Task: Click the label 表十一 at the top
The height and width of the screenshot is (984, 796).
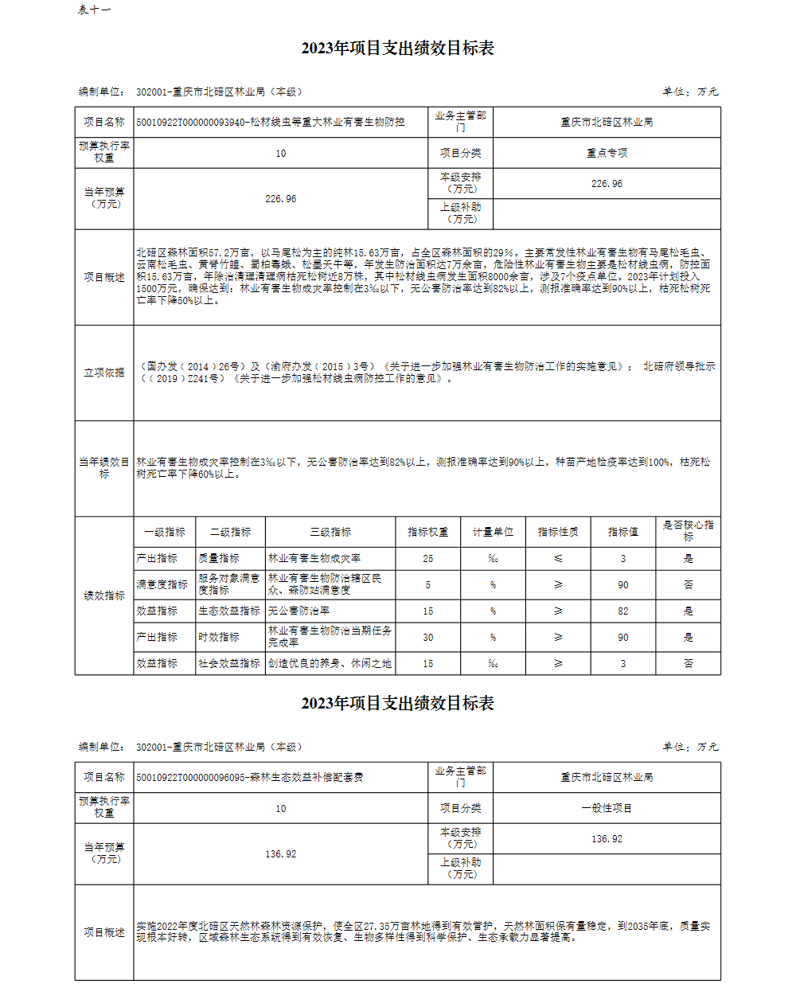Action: (x=94, y=10)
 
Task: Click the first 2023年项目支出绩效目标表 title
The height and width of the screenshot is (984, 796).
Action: (x=397, y=48)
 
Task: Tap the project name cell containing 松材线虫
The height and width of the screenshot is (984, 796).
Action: (x=271, y=122)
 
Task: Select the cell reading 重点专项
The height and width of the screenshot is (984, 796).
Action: (x=607, y=153)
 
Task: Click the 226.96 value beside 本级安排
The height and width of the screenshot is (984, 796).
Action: (x=607, y=184)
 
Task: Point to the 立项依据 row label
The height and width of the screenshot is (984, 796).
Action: (x=104, y=373)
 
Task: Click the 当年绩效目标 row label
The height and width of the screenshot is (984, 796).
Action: (x=104, y=467)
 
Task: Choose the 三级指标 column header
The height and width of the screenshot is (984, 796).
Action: (x=330, y=532)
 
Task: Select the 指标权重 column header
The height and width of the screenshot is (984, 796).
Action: (x=428, y=532)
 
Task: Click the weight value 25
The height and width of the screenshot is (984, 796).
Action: (x=428, y=559)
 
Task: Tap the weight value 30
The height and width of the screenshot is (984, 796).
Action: (x=428, y=637)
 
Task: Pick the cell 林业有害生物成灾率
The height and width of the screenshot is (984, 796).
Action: (x=314, y=559)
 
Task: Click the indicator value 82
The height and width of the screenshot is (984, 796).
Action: (x=623, y=611)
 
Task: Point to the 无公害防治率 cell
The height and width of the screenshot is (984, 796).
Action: (x=299, y=611)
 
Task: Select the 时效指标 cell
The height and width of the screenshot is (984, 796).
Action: (x=219, y=637)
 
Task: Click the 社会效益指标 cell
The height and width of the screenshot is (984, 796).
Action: (x=229, y=663)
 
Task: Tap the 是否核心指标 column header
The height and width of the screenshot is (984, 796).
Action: (x=689, y=531)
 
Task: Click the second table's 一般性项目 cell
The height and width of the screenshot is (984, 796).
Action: (x=607, y=808)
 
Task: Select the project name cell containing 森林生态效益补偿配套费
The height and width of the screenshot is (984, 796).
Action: (x=250, y=777)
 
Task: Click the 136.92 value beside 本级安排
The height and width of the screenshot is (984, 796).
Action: (x=607, y=839)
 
